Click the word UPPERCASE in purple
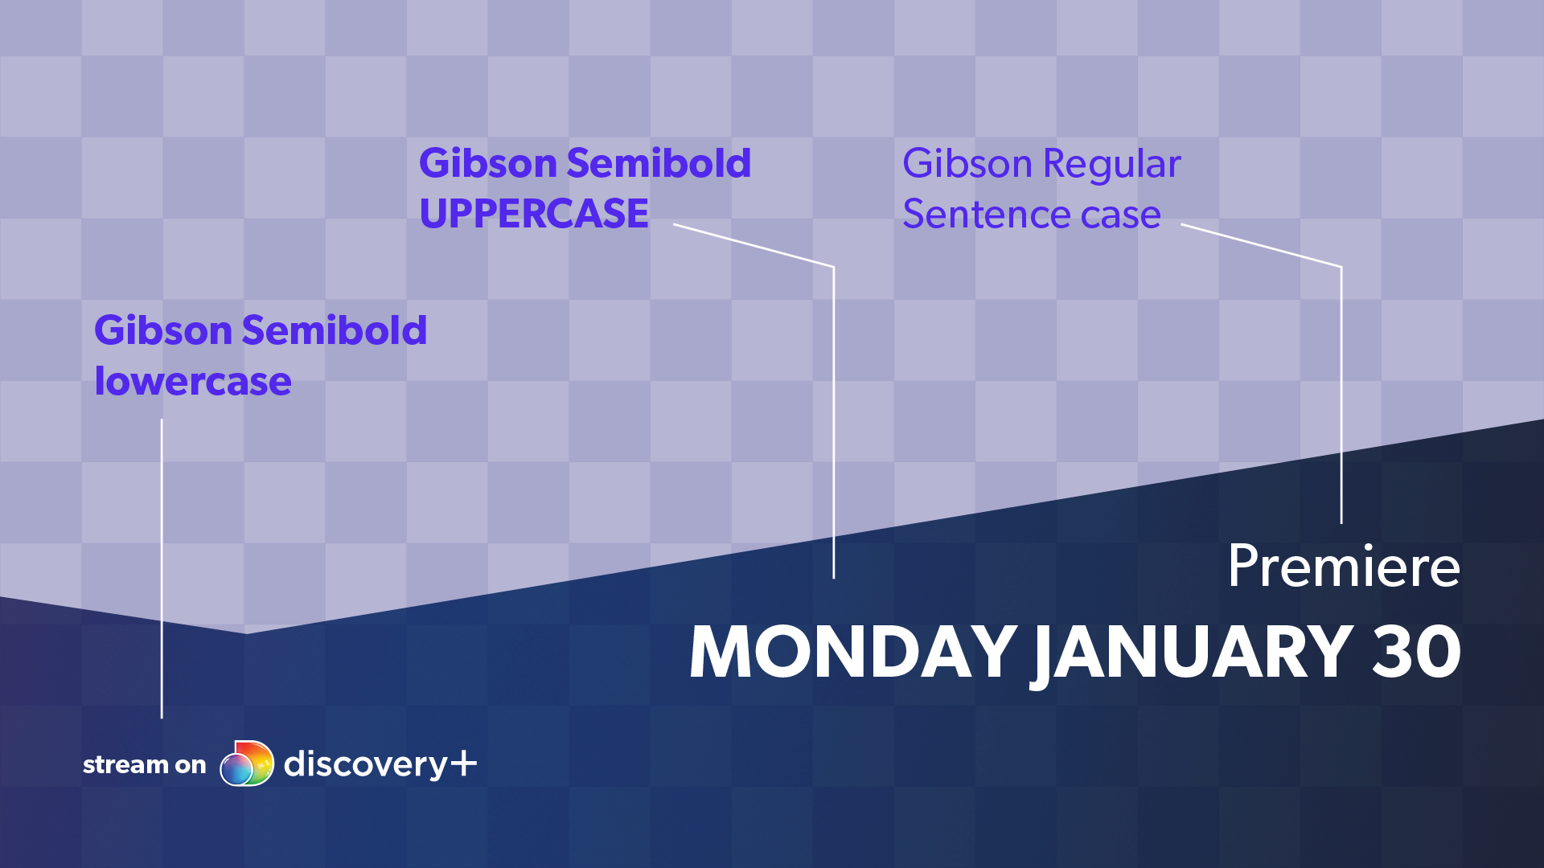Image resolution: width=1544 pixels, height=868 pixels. [534, 214]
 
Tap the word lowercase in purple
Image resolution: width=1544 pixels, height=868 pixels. [193, 381]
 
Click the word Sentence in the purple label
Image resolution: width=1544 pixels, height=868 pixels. [985, 215]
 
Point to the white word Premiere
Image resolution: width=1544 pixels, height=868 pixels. [1344, 567]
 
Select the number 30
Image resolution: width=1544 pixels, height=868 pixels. [1417, 652]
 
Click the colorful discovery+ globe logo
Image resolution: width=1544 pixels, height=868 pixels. [247, 763]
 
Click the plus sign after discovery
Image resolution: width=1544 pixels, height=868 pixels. [463, 763]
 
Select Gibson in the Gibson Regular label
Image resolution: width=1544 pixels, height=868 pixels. [967, 164]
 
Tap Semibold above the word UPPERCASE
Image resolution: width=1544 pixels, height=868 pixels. [659, 163]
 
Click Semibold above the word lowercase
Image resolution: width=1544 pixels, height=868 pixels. [335, 330]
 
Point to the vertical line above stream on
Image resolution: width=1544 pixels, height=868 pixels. [162, 568]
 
